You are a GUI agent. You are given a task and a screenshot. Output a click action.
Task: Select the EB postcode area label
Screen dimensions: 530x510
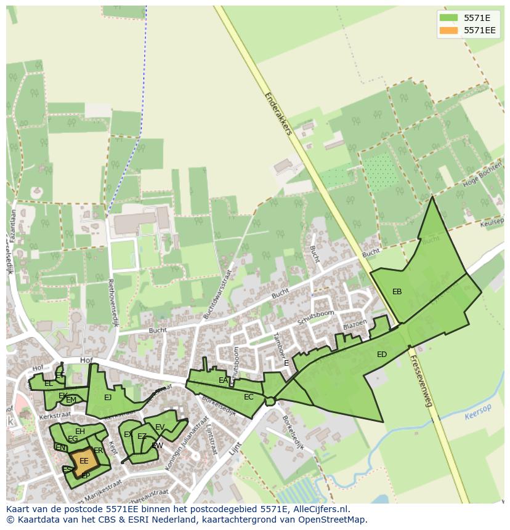(397, 292)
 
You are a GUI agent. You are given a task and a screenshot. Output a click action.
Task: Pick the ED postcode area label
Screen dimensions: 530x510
(382, 355)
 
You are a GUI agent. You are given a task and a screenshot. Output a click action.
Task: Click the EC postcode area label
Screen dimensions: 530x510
(248, 397)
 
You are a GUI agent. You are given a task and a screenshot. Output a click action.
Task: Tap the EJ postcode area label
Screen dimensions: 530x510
(108, 398)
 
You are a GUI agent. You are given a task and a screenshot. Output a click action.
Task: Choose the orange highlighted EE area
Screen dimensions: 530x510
(83, 460)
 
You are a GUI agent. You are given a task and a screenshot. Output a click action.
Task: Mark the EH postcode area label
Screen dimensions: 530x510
(80, 432)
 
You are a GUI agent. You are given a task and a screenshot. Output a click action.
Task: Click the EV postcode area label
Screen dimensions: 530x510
(160, 427)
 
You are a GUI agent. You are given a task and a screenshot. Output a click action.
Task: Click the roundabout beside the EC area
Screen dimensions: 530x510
(270, 401)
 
